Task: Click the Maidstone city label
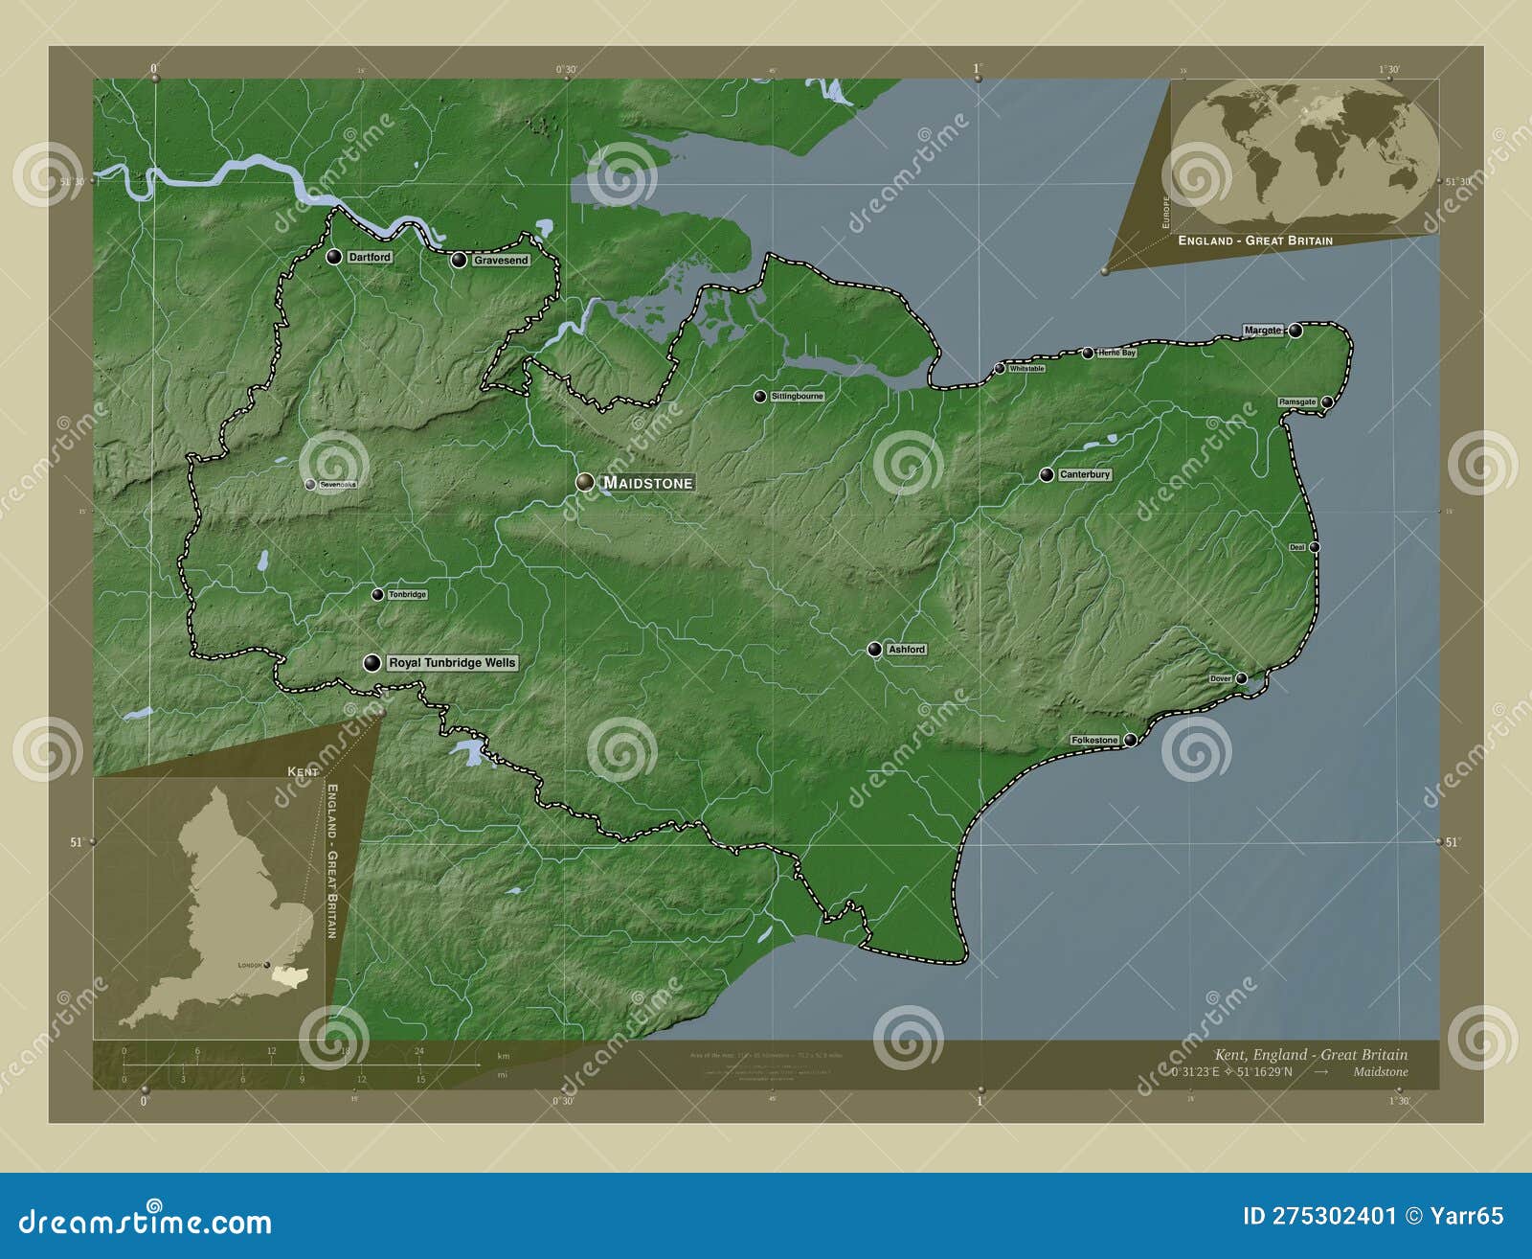(x=647, y=483)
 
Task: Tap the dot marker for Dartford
(x=334, y=257)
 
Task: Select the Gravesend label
(x=501, y=261)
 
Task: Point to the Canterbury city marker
(x=1047, y=474)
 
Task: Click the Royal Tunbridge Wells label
(x=452, y=663)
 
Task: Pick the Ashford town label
(x=907, y=650)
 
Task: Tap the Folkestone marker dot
(x=1131, y=740)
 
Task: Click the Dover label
(x=1220, y=678)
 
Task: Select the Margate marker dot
(x=1295, y=331)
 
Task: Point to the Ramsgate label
(x=1297, y=402)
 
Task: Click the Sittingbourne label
(x=797, y=396)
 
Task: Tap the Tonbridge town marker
(x=378, y=595)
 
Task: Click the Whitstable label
(x=1026, y=368)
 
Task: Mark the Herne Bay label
(x=1116, y=353)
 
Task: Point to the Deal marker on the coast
(x=1315, y=547)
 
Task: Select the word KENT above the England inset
(x=303, y=771)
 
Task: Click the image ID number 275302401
(x=1320, y=1216)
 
